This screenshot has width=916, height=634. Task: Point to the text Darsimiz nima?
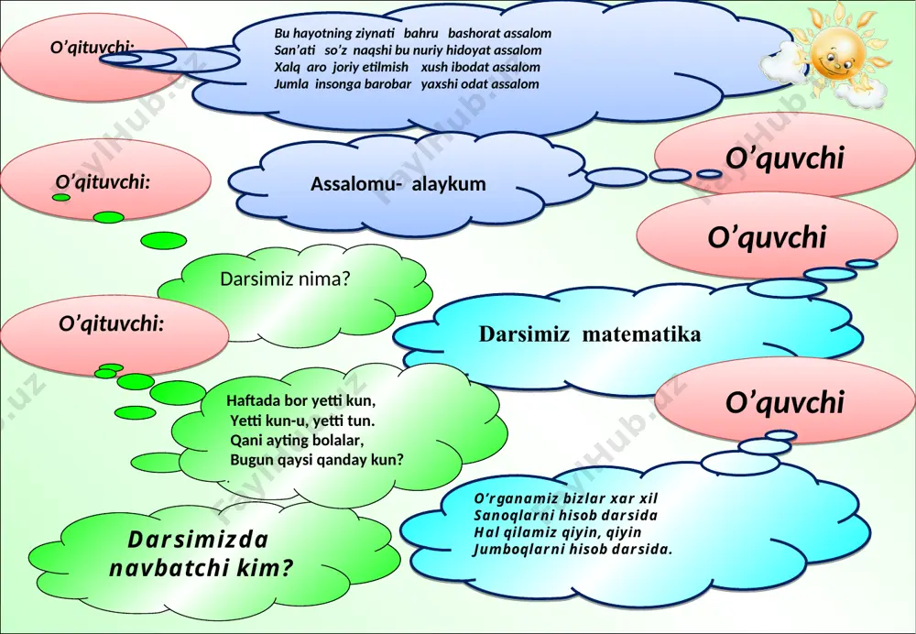(x=285, y=279)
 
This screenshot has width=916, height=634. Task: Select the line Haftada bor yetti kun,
(x=300, y=401)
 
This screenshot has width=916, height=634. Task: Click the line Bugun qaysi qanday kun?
(x=317, y=460)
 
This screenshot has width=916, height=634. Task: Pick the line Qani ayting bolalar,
(x=297, y=440)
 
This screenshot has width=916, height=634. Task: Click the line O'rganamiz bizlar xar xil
(x=565, y=499)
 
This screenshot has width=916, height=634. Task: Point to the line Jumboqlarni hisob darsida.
(x=572, y=550)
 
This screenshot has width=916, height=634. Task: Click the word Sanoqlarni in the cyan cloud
(x=514, y=516)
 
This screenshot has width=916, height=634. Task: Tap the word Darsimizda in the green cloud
(x=198, y=540)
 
